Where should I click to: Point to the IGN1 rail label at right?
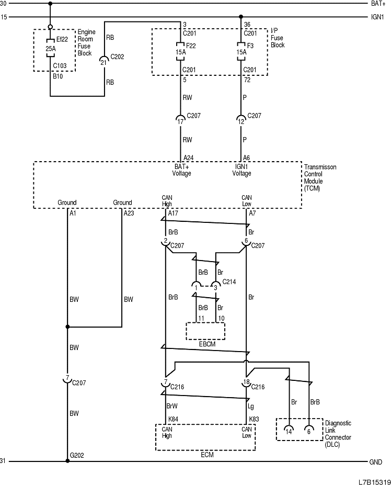[x=378, y=17]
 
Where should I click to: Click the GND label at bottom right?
[x=376, y=462]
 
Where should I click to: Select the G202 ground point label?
[x=77, y=456]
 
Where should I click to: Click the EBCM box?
[x=205, y=331]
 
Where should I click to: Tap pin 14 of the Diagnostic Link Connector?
[x=288, y=431]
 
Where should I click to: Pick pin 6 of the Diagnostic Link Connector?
[x=309, y=431]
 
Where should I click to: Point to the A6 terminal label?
[x=246, y=157]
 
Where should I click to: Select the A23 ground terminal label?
[x=129, y=213]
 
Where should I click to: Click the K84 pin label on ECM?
[x=172, y=420]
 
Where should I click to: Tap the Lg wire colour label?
[x=252, y=405]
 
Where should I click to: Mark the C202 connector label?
[x=117, y=57]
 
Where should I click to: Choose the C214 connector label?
[x=229, y=282]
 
